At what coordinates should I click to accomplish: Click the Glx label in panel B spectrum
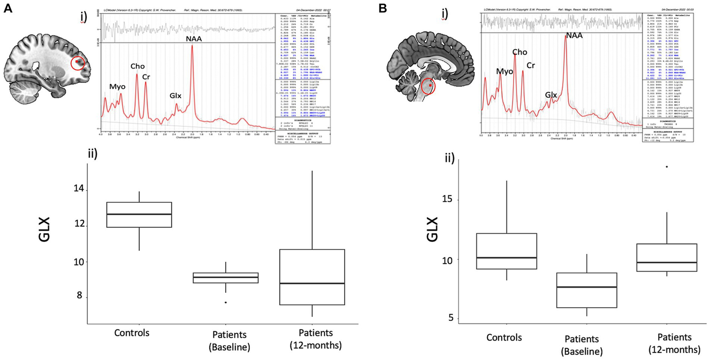tap(550, 94)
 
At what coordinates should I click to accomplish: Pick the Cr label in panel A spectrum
tap(146, 76)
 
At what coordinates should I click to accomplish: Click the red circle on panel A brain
tap(78, 64)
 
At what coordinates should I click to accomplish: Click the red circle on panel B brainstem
tap(429, 86)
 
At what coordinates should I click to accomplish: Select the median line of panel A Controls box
tap(139, 214)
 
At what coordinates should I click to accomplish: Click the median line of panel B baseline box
tap(587, 287)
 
